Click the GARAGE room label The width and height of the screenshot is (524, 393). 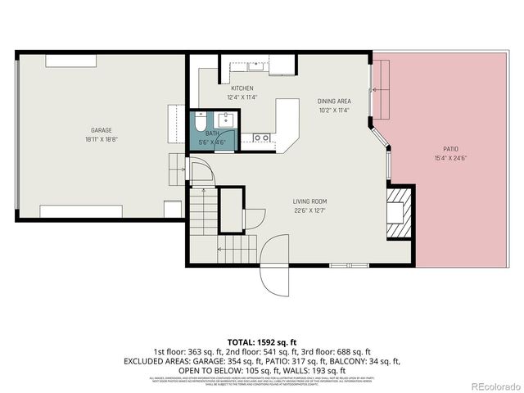(x=101, y=130)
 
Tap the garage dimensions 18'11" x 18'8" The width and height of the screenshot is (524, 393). (x=101, y=140)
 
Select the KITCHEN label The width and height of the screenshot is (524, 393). (x=242, y=88)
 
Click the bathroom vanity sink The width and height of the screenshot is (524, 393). (x=225, y=123)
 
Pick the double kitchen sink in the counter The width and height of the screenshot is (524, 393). (x=262, y=138)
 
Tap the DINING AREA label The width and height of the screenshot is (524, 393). (x=334, y=102)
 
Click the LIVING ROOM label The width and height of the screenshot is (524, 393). (x=310, y=201)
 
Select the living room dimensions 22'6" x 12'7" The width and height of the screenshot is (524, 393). (x=310, y=211)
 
